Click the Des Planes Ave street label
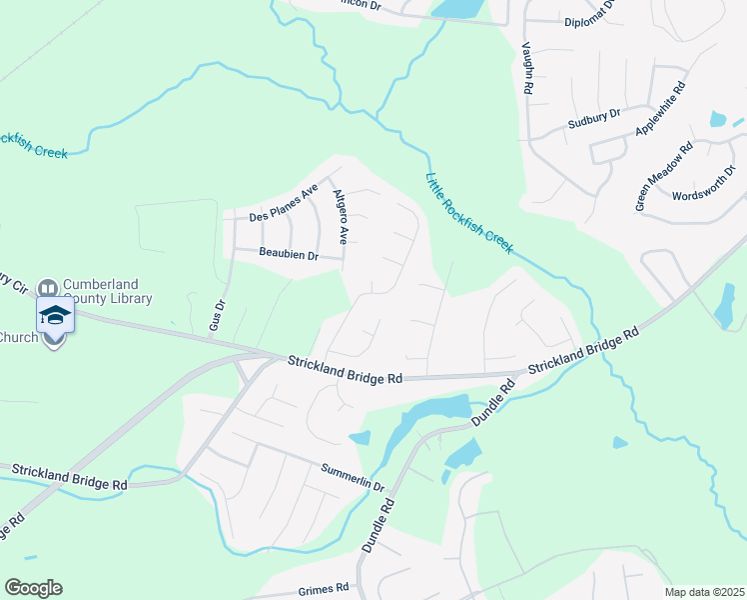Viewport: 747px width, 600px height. (x=283, y=203)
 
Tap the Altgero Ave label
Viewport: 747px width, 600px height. (x=341, y=217)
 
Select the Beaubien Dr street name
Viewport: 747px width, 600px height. (x=289, y=256)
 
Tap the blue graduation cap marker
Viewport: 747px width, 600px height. (x=55, y=316)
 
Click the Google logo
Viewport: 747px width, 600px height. (x=33, y=588)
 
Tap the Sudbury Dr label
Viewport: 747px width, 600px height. (x=594, y=119)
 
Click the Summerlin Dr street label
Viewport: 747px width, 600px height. (x=353, y=475)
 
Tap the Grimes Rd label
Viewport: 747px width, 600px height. (x=322, y=588)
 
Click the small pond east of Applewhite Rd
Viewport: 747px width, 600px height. (x=718, y=119)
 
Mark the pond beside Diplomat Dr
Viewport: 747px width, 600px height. (x=455, y=9)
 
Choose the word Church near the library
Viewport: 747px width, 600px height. (x=17, y=336)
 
